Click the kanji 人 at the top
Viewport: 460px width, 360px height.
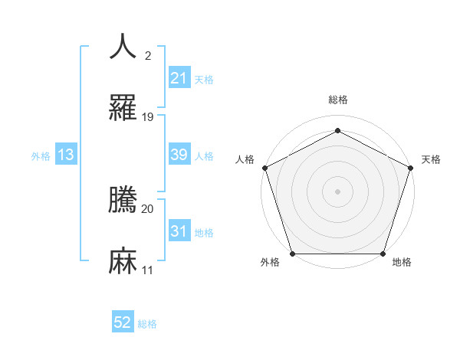pyautogui.click(x=123, y=46)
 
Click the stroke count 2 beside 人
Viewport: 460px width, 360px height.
pyautogui.click(x=147, y=55)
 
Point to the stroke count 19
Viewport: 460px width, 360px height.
pyautogui.click(x=148, y=117)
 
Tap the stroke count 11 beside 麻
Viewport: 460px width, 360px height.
pyautogui.click(x=148, y=270)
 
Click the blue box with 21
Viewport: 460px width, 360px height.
pyautogui.click(x=179, y=78)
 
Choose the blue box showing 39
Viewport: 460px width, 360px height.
pyautogui.click(x=179, y=155)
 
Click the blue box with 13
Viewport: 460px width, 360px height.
pyautogui.click(x=65, y=155)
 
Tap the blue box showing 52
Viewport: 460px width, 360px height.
pyautogui.click(x=123, y=322)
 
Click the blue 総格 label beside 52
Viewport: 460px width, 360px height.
pyautogui.click(x=147, y=324)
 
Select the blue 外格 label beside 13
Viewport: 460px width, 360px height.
pyautogui.click(x=41, y=155)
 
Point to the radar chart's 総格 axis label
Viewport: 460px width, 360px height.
pyautogui.click(x=337, y=100)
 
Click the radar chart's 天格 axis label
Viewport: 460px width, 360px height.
pyautogui.click(x=431, y=159)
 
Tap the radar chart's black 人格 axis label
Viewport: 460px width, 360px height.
pyautogui.click(x=245, y=159)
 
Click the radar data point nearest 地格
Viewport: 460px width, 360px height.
pyautogui.click(x=383, y=254)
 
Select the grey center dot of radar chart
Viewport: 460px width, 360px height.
pyautogui.click(x=337, y=191)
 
